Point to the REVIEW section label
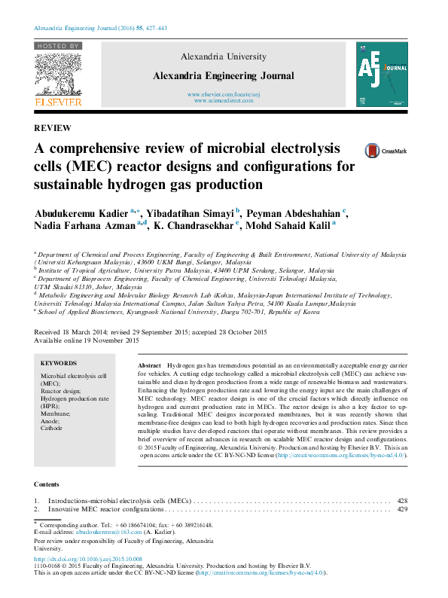pos(52,128)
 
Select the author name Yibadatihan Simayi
pos(193,212)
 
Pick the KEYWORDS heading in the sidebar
pos(59,362)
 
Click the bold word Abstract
pos(150,364)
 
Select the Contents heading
pos(47,484)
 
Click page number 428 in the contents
pos(402,500)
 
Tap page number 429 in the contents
pos(402,510)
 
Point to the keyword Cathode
pos(51,428)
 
